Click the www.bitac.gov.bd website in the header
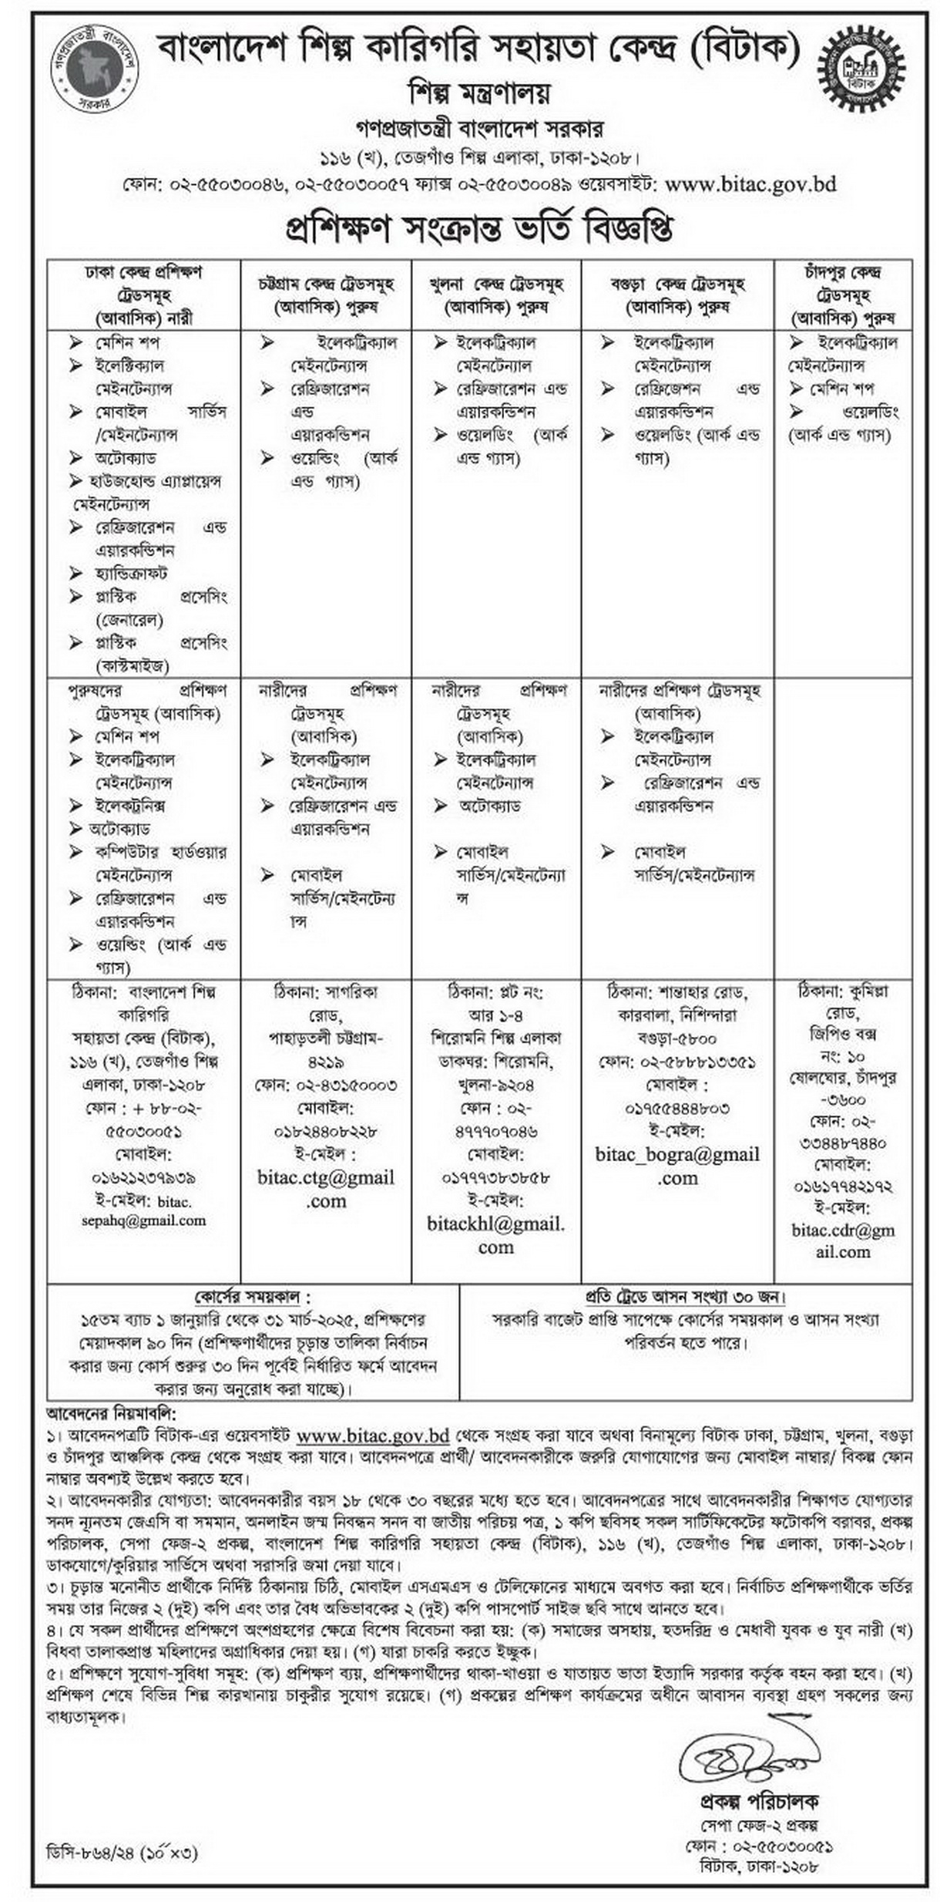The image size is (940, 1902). tap(750, 185)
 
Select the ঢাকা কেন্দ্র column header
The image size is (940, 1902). tap(143, 295)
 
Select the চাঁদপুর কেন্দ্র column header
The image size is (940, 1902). tap(842, 295)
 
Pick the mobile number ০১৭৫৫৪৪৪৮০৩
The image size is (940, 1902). tap(676, 1109)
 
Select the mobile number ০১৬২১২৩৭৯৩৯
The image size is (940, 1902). tap(143, 1177)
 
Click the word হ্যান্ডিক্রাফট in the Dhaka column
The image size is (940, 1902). tap(131, 574)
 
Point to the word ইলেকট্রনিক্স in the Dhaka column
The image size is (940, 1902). tap(130, 806)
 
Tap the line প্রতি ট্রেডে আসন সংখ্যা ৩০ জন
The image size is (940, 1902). tap(685, 1297)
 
